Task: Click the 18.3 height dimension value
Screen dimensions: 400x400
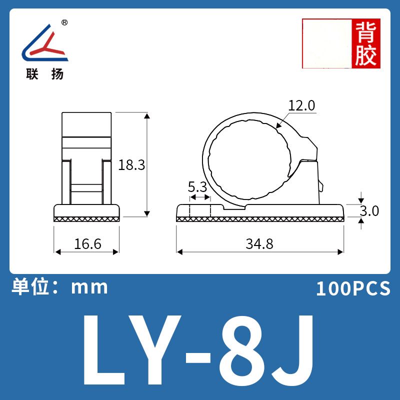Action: tap(131, 165)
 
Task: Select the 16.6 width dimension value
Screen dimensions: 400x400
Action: tap(87, 244)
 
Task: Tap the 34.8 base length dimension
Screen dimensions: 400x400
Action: tap(259, 244)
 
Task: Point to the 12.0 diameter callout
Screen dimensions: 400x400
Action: tap(301, 105)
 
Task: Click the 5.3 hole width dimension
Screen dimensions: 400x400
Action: tap(197, 187)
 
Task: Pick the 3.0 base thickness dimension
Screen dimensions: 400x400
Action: tap(369, 211)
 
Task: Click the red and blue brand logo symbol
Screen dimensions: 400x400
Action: tap(45, 42)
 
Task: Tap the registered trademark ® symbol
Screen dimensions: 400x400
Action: tap(65, 22)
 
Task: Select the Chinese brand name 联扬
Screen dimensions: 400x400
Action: tap(45, 74)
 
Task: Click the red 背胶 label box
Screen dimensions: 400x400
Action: tap(366, 43)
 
